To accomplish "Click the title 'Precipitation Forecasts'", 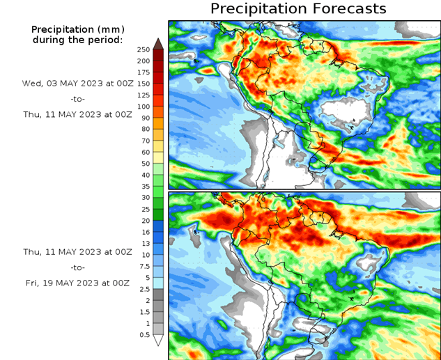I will click(x=297, y=8).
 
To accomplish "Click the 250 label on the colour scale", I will click(x=144, y=49).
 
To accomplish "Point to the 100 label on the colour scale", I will click(x=144, y=107).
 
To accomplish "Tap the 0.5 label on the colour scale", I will click(x=143, y=335).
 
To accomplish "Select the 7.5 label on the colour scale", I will click(x=143, y=266).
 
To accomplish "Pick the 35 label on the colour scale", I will click(x=144, y=187).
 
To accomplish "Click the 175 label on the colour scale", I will click(x=144, y=72).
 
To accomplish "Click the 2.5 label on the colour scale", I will click(x=143, y=289).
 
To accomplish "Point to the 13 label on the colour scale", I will click(x=144, y=244).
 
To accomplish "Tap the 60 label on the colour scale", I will click(x=144, y=152).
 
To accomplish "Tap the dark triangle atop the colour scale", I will click(x=158, y=43).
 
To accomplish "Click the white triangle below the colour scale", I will click(x=158, y=341).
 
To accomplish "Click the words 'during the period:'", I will click(x=77, y=40).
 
